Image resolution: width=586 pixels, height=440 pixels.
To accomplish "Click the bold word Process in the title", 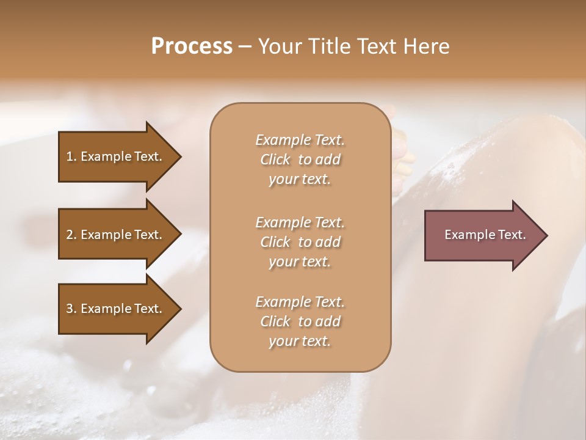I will coord(192,46).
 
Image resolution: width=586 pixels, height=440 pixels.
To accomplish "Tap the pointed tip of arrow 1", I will coord(179,156).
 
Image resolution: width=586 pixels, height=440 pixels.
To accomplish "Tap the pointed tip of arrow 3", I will coord(179,309).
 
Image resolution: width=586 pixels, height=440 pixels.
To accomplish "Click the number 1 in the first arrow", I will coord(70,156).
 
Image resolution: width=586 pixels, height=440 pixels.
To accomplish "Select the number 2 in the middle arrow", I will coord(70,235).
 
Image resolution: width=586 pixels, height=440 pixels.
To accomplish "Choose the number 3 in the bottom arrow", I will coord(70,309).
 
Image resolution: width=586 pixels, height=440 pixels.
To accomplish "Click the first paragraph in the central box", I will coord(300,159).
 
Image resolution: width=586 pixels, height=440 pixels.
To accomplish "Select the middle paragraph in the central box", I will coord(300,242).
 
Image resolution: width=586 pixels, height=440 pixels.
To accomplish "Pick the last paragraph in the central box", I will coord(300,321).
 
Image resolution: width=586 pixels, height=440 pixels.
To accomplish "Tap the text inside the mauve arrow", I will coord(485,235).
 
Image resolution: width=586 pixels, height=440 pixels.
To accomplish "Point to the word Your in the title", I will coord(280,46).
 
